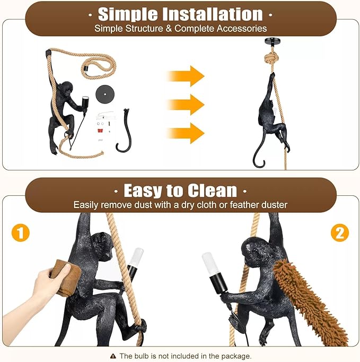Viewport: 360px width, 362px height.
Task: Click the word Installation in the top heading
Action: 213,14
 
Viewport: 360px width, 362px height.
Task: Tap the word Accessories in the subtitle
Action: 242,28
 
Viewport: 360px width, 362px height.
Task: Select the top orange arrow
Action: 186,76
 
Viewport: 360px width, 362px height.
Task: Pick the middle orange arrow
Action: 186,105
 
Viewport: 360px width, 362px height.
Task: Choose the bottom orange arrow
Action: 186,133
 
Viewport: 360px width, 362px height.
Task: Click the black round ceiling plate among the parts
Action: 105,94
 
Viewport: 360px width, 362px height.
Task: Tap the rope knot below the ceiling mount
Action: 271,60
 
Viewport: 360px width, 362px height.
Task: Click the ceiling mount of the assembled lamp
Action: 272,42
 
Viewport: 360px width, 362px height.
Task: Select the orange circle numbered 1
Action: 21,232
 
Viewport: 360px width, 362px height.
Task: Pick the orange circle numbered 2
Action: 340,232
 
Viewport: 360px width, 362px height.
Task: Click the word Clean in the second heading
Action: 212,191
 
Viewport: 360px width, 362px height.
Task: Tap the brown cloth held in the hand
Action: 66,277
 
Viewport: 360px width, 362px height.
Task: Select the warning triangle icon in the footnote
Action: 113,356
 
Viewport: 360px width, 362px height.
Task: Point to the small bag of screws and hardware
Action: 105,126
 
